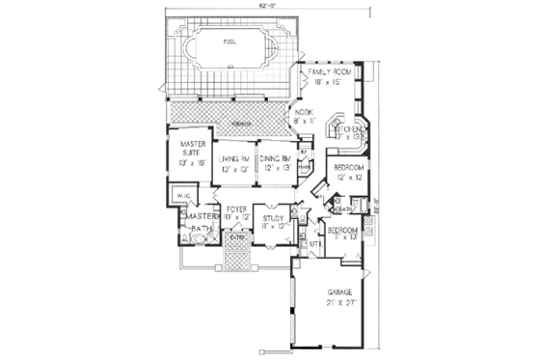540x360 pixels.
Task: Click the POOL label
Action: pyautogui.click(x=229, y=43)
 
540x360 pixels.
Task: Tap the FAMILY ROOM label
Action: pyautogui.click(x=330, y=73)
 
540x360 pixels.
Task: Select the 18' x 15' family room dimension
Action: pyautogui.click(x=329, y=83)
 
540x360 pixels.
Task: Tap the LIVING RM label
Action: pyautogui.click(x=233, y=158)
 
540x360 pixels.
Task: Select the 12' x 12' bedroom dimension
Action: pyautogui.click(x=348, y=177)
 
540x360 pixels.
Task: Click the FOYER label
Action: pyautogui.click(x=236, y=209)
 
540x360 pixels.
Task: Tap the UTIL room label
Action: pyautogui.click(x=314, y=245)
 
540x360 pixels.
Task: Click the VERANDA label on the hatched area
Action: pyautogui.click(x=227, y=123)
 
